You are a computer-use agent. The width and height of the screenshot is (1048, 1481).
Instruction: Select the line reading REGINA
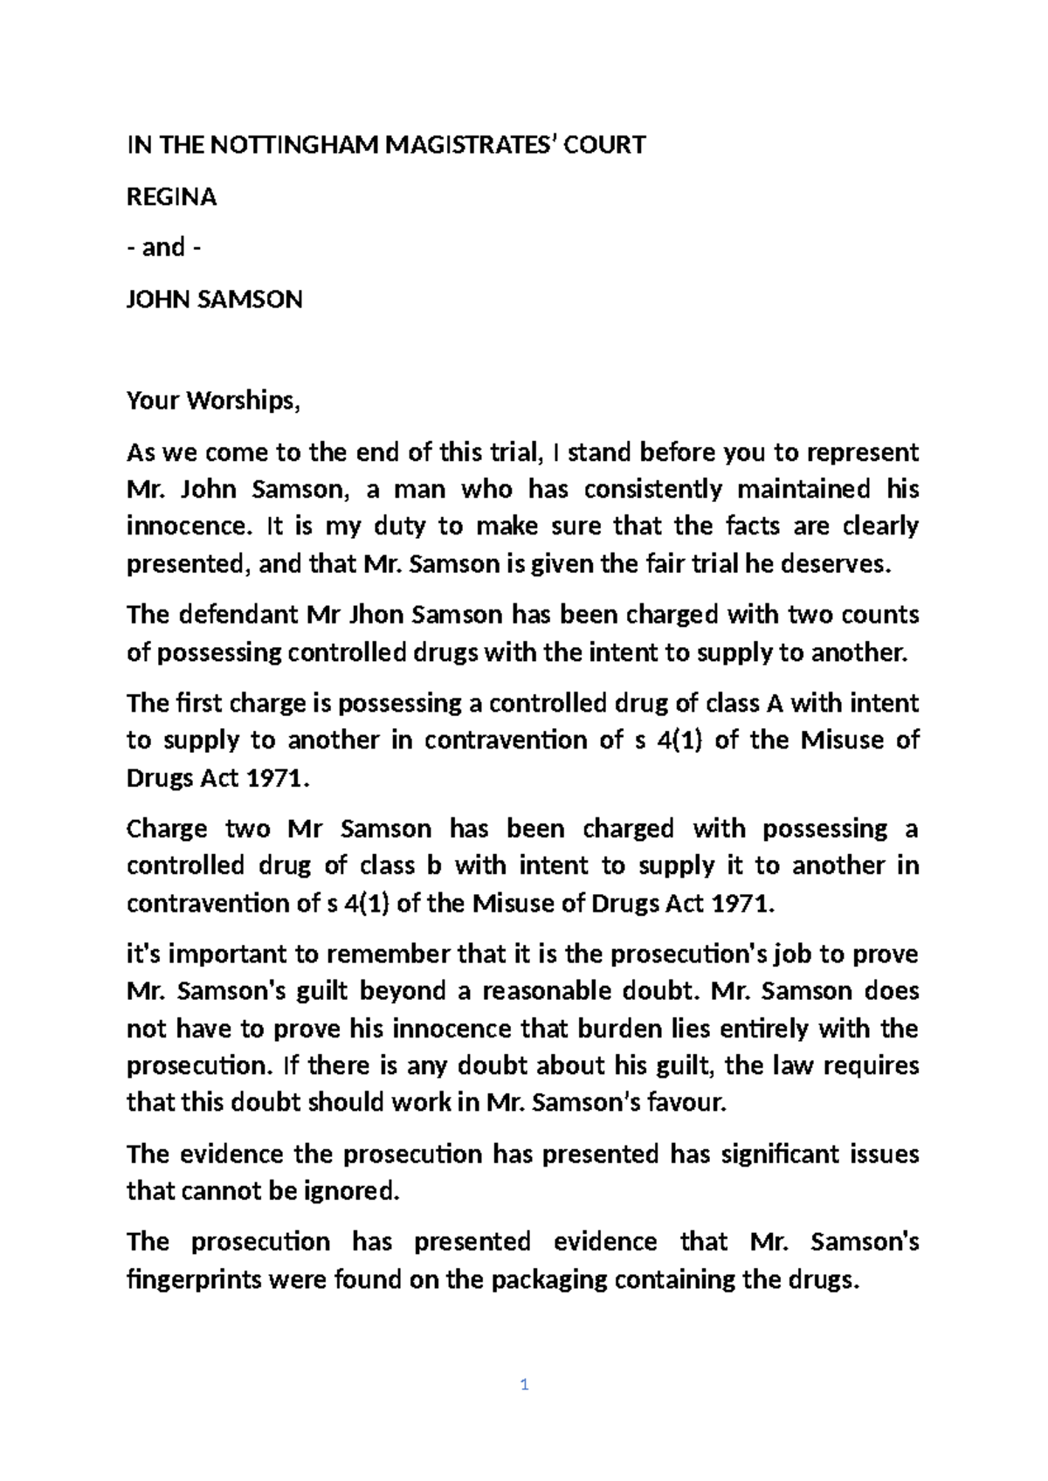coord(172,197)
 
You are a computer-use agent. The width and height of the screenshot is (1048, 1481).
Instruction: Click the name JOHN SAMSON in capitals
coord(215,300)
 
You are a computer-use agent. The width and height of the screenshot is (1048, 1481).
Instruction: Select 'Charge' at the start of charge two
coord(166,828)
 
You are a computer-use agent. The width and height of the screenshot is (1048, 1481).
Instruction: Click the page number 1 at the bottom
coord(524,1385)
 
